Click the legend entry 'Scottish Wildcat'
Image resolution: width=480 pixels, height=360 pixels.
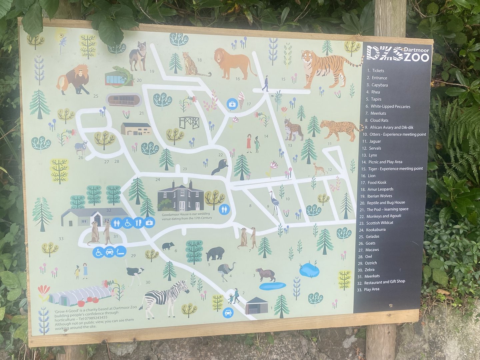click(379, 223)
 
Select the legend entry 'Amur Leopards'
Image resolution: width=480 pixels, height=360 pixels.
click(380, 189)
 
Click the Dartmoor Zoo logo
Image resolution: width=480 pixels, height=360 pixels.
click(398, 54)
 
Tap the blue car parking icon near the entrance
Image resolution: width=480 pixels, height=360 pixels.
click(228, 313)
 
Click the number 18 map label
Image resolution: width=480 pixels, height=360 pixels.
click(199, 60)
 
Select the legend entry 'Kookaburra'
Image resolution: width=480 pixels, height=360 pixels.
click(376, 230)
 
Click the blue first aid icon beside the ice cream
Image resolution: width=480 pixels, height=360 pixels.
click(231, 104)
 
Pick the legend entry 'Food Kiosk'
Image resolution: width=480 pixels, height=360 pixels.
click(377, 183)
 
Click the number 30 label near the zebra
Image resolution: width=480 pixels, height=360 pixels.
click(148, 282)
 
